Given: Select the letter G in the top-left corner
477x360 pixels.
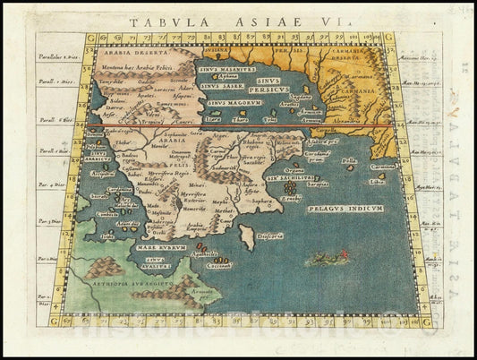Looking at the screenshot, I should pos(89,39).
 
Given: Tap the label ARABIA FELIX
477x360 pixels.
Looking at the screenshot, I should pos(164,148).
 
